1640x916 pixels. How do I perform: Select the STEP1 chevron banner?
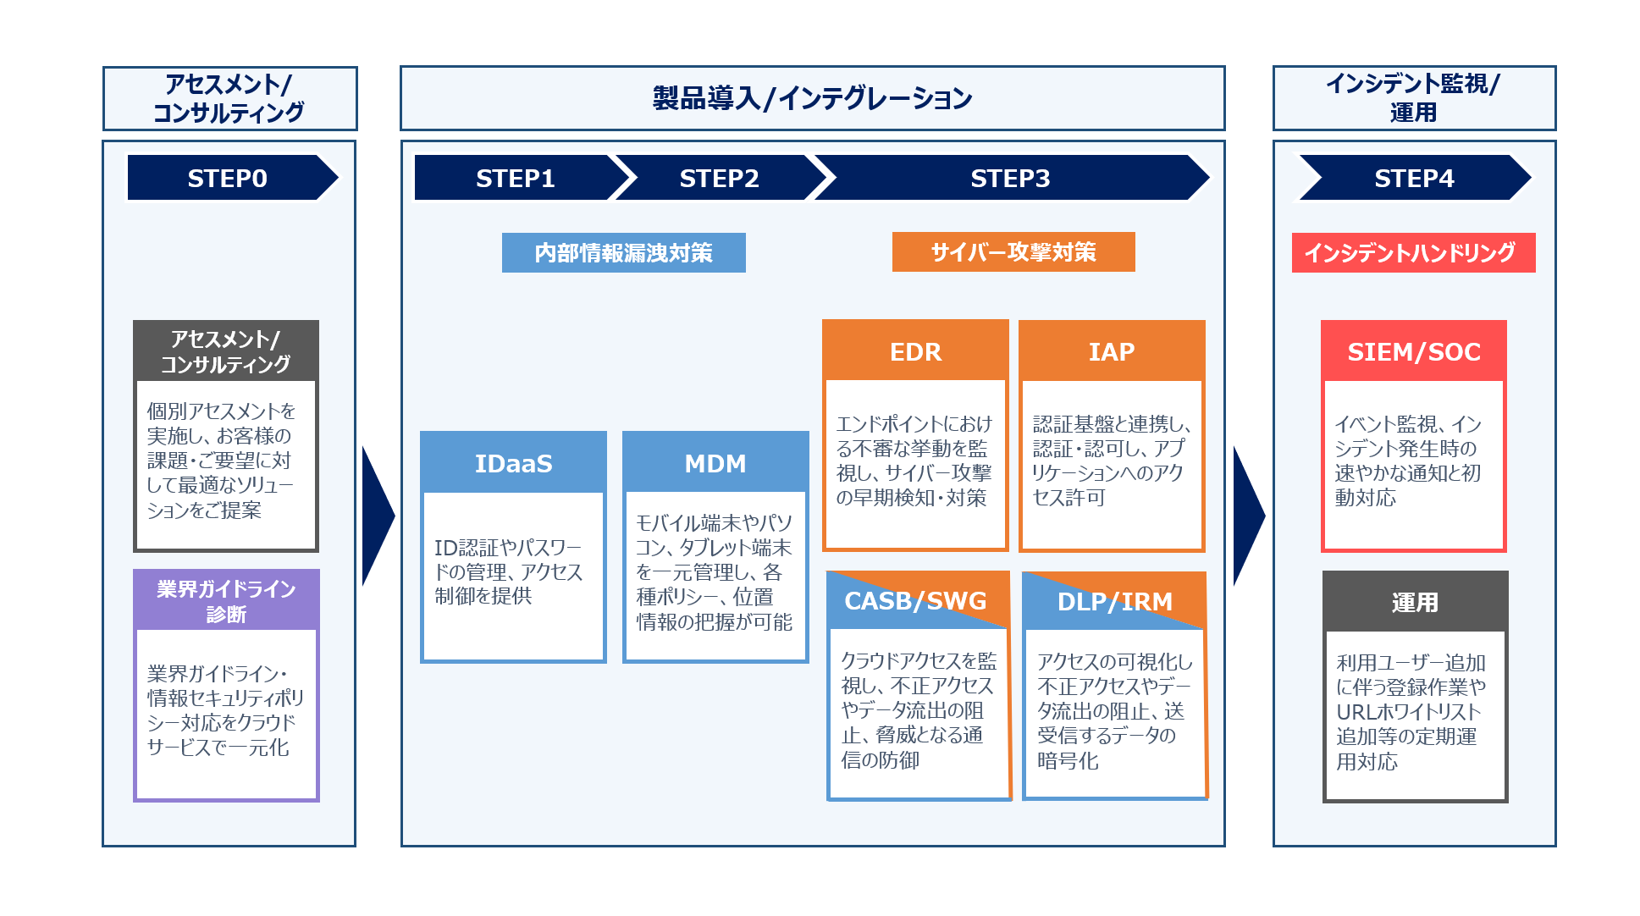pyautogui.click(x=515, y=178)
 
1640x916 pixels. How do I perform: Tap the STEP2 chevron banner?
pyautogui.click(x=719, y=178)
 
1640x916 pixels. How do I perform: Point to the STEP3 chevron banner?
pyautogui.click(x=1010, y=178)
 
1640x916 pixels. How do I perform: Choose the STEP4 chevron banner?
pyautogui.click(x=1414, y=178)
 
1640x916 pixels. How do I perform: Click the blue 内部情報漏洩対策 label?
pyautogui.click(x=623, y=252)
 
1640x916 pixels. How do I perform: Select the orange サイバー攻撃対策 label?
pyautogui.click(x=1013, y=251)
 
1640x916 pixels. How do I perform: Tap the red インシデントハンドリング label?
pyautogui.click(x=1413, y=252)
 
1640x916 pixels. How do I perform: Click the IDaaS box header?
pyautogui.click(x=513, y=463)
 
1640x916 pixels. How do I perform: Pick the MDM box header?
pyautogui.click(x=715, y=463)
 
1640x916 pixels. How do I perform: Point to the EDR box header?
pyautogui.click(x=915, y=351)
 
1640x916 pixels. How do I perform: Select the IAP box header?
pyautogui.click(x=1112, y=351)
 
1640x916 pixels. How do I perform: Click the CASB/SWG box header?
pyautogui.click(x=915, y=600)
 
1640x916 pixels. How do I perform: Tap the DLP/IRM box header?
pyautogui.click(x=1114, y=601)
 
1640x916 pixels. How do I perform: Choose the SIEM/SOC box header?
pyautogui.click(x=1414, y=351)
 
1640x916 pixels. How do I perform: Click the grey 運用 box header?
pyautogui.click(x=1415, y=602)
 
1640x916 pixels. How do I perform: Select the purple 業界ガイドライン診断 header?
pyautogui.click(x=226, y=600)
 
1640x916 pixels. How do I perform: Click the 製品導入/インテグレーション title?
pyautogui.click(x=812, y=98)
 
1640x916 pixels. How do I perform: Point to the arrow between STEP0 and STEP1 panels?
pyautogui.click(x=377, y=516)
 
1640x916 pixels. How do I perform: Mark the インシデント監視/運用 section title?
pyautogui.click(x=1413, y=97)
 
